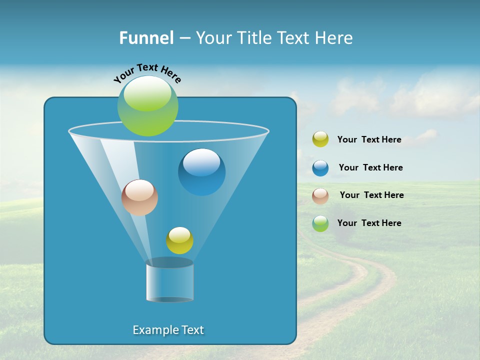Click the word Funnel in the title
pyautogui.click(x=146, y=37)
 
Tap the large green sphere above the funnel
pyautogui.click(x=148, y=106)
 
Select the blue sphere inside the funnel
pyautogui.click(x=202, y=172)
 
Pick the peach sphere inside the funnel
pyautogui.click(x=139, y=198)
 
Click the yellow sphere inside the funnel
pyautogui.click(x=179, y=240)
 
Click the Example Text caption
pyautogui.click(x=168, y=330)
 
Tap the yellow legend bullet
pyautogui.click(x=320, y=139)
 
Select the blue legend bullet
pyautogui.click(x=320, y=168)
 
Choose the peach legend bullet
pyautogui.click(x=320, y=196)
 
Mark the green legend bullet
pyautogui.click(x=320, y=223)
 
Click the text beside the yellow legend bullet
pyautogui.click(x=369, y=140)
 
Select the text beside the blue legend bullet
pyautogui.click(x=370, y=167)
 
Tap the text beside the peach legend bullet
pyautogui.click(x=371, y=195)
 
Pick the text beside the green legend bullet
pyautogui.click(x=369, y=223)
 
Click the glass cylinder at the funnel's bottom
pyautogui.click(x=169, y=281)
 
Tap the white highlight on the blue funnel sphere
pyautogui.click(x=201, y=161)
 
